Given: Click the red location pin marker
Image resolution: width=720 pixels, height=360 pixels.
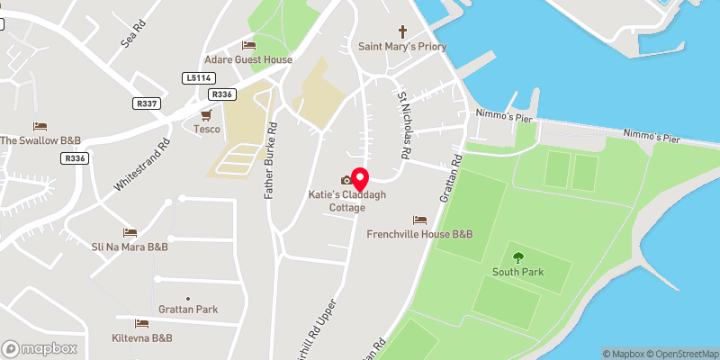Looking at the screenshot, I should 360,178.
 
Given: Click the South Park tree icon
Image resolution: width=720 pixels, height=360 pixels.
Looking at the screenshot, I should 517,256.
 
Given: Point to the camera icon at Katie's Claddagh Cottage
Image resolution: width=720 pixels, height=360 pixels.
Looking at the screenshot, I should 346,181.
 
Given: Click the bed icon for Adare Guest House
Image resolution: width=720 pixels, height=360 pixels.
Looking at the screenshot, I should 248,45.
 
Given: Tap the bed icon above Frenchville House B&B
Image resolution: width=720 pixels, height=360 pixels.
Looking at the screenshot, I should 419,220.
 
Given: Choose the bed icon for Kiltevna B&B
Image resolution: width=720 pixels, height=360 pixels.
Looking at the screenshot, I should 141,323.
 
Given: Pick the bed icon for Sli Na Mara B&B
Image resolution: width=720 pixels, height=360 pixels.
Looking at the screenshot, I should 130,232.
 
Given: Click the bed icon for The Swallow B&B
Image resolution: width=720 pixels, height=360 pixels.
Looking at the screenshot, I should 40,126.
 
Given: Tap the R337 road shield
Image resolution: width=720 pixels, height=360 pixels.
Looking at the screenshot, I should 146,104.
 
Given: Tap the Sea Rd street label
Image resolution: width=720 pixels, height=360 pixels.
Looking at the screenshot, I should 132,36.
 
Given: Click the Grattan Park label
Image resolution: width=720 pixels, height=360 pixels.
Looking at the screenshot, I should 188,310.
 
